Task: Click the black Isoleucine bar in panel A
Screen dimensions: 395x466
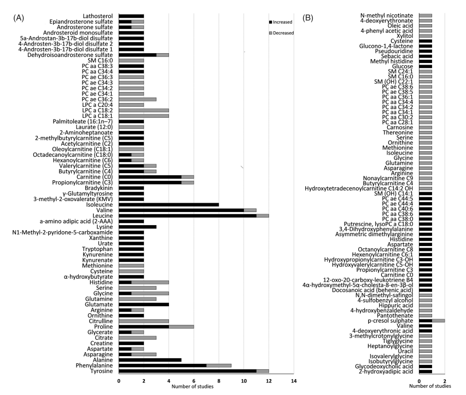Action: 168,204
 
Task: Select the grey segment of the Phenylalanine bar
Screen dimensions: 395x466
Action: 219,365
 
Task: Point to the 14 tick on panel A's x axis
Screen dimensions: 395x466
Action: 294,380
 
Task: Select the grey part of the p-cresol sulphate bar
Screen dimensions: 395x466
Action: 439,320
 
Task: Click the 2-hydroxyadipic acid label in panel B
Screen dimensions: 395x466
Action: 393,371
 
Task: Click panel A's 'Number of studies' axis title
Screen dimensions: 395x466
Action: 193,387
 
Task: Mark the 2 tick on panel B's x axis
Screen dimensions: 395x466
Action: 445,380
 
